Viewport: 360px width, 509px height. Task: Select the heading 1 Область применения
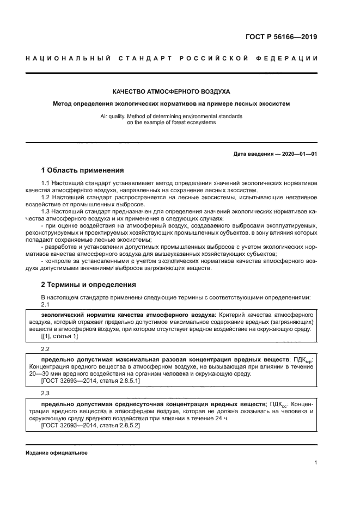83,170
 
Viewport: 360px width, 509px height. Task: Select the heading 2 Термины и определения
89,284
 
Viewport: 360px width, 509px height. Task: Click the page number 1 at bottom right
315,463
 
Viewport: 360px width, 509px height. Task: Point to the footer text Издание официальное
57,453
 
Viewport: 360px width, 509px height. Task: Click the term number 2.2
46,348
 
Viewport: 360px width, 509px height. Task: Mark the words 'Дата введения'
253,154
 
